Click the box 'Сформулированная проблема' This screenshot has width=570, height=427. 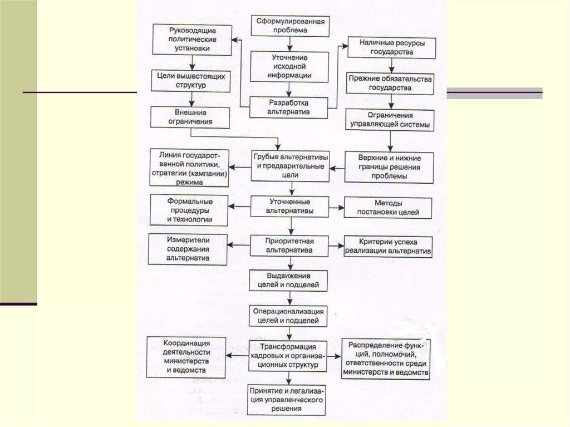(x=289, y=26)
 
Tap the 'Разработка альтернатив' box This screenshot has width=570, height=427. (x=288, y=107)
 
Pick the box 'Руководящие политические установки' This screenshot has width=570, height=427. (x=191, y=39)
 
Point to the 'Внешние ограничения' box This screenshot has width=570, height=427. (x=190, y=116)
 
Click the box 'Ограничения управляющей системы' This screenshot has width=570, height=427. (x=389, y=120)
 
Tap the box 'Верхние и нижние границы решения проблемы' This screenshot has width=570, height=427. (x=389, y=167)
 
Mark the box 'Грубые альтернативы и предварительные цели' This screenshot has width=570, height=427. (x=290, y=165)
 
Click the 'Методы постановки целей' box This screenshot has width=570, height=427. (x=389, y=207)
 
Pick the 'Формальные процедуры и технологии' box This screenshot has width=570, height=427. (x=189, y=210)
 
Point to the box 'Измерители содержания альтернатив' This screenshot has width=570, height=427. (x=188, y=249)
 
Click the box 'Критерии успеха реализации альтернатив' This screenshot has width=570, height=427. (x=388, y=247)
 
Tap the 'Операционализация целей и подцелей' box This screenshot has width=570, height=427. (x=288, y=315)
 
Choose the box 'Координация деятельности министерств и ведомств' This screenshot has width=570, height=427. (x=186, y=356)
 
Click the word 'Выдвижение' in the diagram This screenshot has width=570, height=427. (x=288, y=276)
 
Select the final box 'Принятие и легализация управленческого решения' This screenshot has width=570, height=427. (x=287, y=399)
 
